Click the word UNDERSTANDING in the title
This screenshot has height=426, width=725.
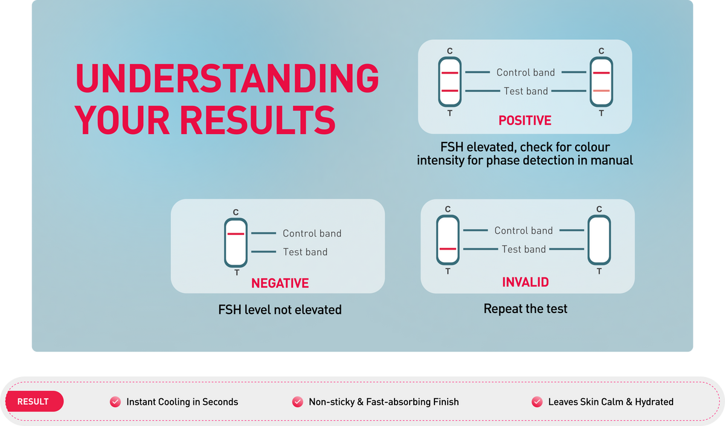(x=227, y=79)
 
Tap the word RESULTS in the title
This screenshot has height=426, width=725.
(x=257, y=120)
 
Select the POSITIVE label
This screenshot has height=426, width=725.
(x=524, y=120)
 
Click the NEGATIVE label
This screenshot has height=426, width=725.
(x=280, y=283)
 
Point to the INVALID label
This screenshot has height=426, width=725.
(x=525, y=282)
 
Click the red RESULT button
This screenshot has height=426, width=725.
(x=34, y=401)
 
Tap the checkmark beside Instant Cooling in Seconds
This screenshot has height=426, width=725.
(x=115, y=402)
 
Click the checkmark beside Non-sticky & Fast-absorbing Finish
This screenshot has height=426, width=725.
(x=297, y=402)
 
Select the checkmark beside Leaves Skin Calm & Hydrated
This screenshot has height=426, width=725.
(x=537, y=402)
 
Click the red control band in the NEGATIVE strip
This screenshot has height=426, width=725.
(x=236, y=234)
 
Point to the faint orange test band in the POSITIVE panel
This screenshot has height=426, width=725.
(x=601, y=91)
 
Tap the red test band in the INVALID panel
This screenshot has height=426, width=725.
(x=448, y=249)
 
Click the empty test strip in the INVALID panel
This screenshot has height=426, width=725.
(x=599, y=240)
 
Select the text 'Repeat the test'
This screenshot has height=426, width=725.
(x=525, y=309)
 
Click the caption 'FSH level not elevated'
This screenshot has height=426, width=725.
(x=280, y=310)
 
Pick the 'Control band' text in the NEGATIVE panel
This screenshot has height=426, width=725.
(x=312, y=233)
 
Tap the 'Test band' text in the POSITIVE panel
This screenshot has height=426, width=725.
(x=526, y=91)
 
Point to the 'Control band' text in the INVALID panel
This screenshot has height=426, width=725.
(x=523, y=230)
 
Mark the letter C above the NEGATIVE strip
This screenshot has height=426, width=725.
(x=236, y=212)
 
